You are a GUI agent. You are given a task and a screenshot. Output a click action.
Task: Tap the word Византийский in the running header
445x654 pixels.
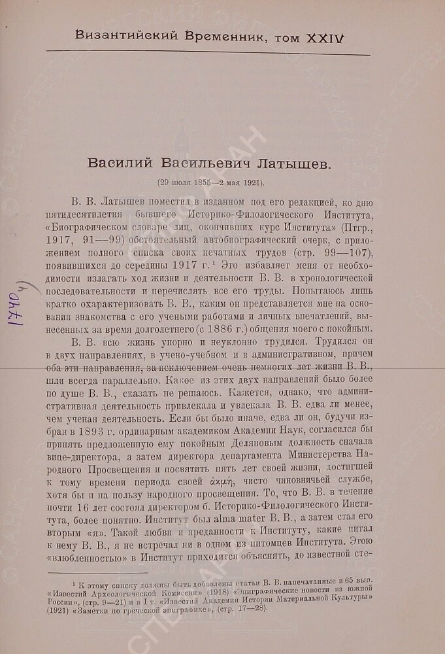[x=115, y=38]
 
